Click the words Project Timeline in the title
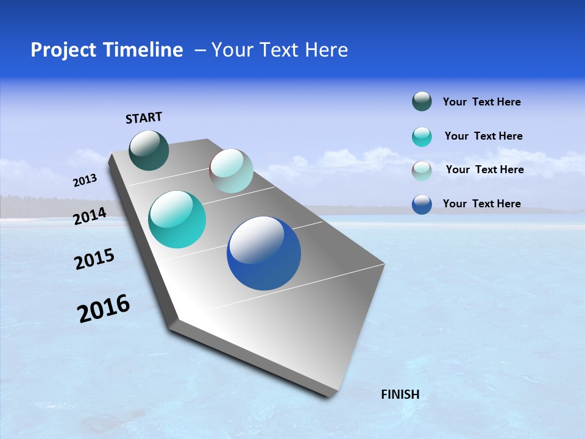[x=107, y=50]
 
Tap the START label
[x=144, y=118]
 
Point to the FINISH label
[x=400, y=394]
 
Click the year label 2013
[x=85, y=180]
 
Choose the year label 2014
[x=90, y=216]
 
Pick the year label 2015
[x=94, y=259]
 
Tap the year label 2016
[x=104, y=309]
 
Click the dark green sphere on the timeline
[x=149, y=150]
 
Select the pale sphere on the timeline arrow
[x=231, y=171]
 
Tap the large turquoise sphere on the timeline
[x=177, y=220]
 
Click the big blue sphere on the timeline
[x=264, y=253]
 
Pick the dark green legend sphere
[x=422, y=102]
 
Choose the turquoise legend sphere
[x=422, y=137]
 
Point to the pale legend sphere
[x=422, y=171]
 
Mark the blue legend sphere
[x=422, y=204]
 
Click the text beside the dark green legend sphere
[x=481, y=102]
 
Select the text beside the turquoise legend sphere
[x=483, y=136]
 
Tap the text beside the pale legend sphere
[x=484, y=170]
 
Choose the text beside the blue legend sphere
[x=481, y=204]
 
